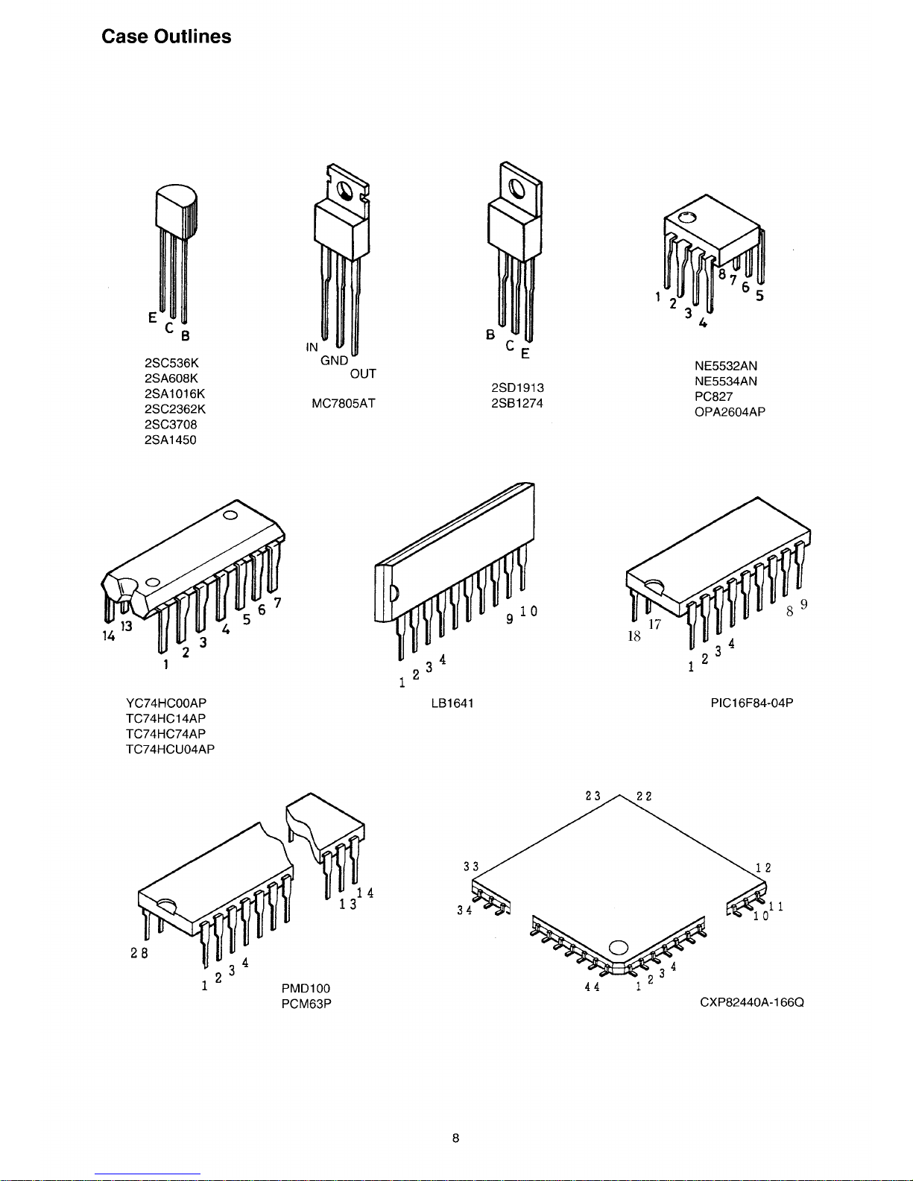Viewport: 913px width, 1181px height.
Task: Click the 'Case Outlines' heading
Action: click(166, 37)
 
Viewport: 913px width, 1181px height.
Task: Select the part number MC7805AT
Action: click(343, 404)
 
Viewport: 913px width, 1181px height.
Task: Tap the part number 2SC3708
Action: click(171, 425)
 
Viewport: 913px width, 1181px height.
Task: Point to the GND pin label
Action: click(335, 361)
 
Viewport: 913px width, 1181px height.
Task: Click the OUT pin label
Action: click(363, 374)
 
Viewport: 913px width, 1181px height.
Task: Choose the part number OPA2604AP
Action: click(730, 412)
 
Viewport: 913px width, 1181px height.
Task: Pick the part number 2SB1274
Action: click(517, 404)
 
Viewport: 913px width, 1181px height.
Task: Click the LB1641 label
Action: click(452, 703)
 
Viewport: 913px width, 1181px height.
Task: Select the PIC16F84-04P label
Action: click(752, 703)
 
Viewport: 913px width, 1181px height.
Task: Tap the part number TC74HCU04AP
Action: click(171, 750)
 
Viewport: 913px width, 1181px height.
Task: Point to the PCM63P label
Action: click(306, 1004)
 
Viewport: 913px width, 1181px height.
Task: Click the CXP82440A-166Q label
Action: click(752, 1003)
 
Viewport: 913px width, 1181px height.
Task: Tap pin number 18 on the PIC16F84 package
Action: click(634, 638)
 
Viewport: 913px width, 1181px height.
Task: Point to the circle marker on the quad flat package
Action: click(619, 948)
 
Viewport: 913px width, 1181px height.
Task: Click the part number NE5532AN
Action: click(726, 366)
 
